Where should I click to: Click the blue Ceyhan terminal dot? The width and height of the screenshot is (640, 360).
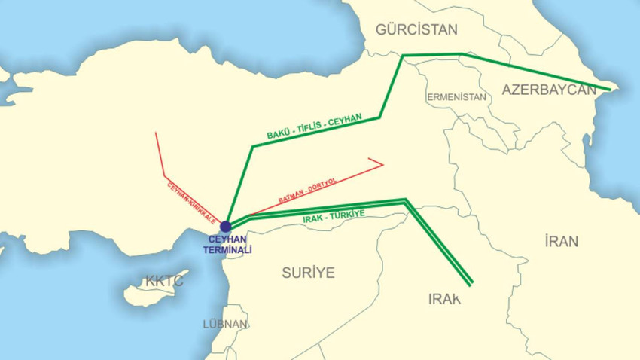click(x=226, y=227)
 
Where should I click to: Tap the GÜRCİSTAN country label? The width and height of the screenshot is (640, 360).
click(x=416, y=29)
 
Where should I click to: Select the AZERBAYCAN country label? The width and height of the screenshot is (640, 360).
click(x=549, y=90)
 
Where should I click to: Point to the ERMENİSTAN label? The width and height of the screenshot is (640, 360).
click(x=456, y=97)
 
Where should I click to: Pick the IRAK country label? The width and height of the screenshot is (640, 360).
click(x=444, y=299)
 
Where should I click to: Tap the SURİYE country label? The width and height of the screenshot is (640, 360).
click(x=308, y=273)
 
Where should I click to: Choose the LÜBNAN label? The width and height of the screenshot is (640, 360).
click(x=225, y=324)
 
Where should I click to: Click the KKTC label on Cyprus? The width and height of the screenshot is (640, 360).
click(x=164, y=281)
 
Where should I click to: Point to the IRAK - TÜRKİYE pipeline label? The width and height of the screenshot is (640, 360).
click(x=333, y=216)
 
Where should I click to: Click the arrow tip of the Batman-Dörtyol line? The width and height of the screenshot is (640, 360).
click(x=383, y=164)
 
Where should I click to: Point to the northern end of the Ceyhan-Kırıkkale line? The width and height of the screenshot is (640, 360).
click(x=156, y=133)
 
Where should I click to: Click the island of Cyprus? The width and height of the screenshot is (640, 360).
click(x=154, y=289)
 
